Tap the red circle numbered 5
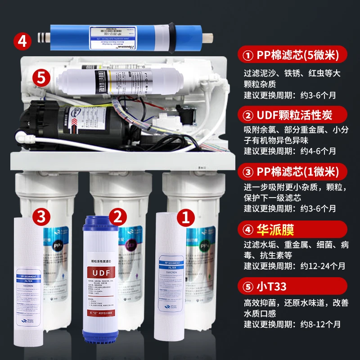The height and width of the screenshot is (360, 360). pos(42,77)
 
